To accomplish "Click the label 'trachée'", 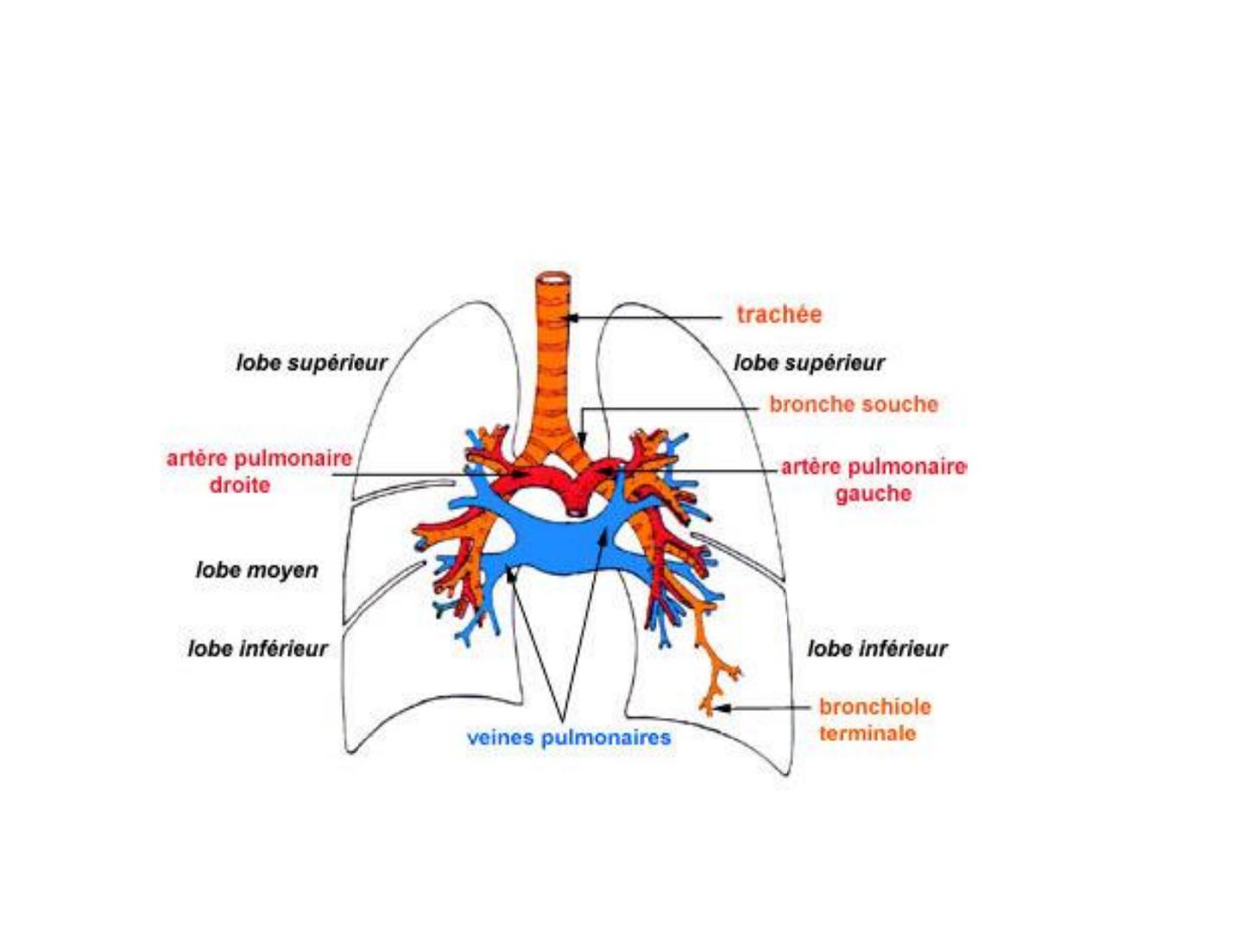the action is (779, 314).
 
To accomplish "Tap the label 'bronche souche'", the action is (854, 404).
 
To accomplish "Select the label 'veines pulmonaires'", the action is (569, 738).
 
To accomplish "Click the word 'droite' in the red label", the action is (240, 485).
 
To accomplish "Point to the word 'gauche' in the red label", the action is (874, 494).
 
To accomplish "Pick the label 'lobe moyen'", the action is (257, 570).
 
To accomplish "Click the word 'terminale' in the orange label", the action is (868, 733).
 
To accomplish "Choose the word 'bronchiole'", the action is (875, 707).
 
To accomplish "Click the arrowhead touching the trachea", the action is (572, 318).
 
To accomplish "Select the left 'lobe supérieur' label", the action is (312, 363).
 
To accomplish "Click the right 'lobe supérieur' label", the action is (809, 363).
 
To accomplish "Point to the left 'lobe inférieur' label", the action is (257, 649).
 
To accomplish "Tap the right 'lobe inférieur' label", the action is (877, 649).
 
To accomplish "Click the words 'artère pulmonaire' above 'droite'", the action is (259, 458).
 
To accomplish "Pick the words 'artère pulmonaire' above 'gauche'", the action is (874, 468).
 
